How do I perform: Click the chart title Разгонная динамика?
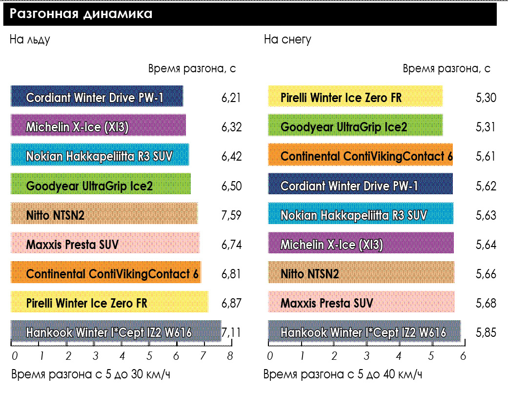coord(81,14)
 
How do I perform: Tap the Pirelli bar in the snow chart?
coord(355,96)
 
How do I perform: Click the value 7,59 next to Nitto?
coord(231,215)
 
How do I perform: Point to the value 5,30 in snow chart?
coord(486,98)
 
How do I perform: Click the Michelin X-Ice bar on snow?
coord(361,243)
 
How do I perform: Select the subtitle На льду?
coord(30,40)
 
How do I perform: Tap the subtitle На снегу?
coord(287,40)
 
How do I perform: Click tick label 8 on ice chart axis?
coord(230,356)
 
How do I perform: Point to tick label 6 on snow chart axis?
coord(463,356)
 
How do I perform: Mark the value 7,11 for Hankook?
coord(231,332)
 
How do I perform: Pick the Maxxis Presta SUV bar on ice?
coord(105,243)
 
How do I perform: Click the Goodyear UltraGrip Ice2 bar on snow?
coord(355,125)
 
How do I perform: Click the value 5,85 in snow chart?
coord(486,332)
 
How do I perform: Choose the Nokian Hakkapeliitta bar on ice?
coord(100,155)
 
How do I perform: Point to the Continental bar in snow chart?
coord(360,155)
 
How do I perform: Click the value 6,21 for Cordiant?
coord(231,98)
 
